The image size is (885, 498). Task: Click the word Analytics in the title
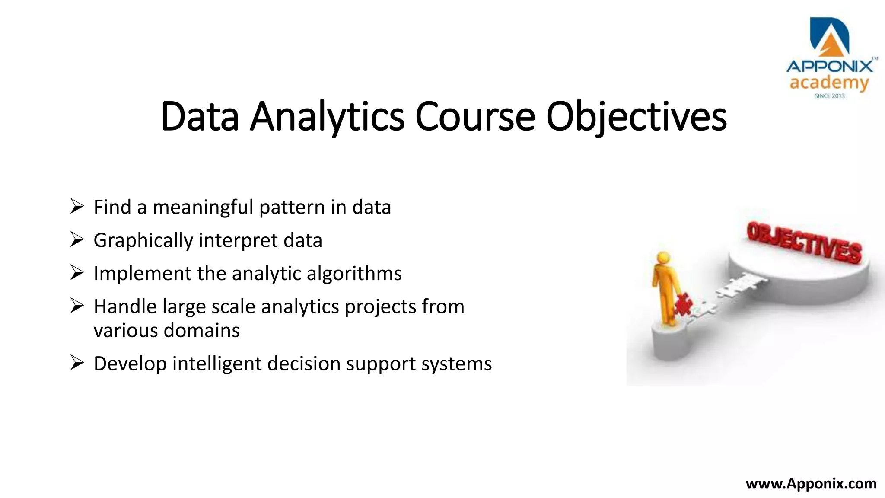tap(327, 117)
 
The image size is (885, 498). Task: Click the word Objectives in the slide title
tap(636, 117)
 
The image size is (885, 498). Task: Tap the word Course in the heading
tap(475, 117)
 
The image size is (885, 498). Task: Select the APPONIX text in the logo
tap(829, 66)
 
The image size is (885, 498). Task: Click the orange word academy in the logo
tap(829, 83)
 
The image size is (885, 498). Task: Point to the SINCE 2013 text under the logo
tap(829, 96)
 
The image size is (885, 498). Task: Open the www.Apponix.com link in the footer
tap(811, 483)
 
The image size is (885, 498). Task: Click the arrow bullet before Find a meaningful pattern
tap(76, 206)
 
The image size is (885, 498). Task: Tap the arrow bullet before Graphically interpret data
tap(76, 239)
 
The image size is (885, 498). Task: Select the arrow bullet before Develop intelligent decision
tap(76, 363)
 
